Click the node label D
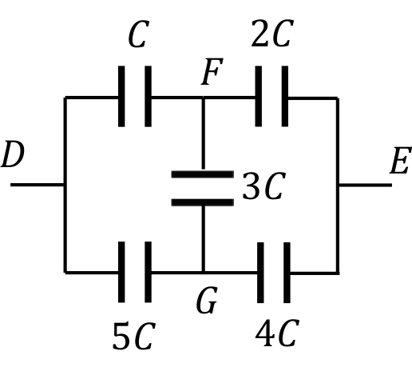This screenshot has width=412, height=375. (13, 154)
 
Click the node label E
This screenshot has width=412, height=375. (400, 161)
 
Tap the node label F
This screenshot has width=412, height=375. (212, 72)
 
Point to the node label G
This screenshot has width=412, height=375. (207, 300)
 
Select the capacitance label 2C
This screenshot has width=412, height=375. (272, 34)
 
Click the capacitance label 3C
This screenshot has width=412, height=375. (264, 186)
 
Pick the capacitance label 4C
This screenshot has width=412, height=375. (277, 333)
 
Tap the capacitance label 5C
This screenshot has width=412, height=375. (134, 336)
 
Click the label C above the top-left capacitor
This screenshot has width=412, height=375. (138, 34)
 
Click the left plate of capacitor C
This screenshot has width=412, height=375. (121, 96)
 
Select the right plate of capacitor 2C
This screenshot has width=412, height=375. (285, 96)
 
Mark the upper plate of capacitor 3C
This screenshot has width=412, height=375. (203, 174)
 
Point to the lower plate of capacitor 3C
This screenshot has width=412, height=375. (203, 202)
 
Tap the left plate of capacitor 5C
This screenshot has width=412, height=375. (121, 272)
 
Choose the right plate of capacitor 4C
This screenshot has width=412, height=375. (287, 273)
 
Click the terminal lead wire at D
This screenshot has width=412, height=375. (38, 185)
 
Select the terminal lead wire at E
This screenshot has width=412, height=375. (365, 185)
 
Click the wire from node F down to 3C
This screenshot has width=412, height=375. (203, 134)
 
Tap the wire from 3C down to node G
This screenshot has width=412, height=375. (203, 239)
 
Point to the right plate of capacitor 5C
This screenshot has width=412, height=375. (149, 272)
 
